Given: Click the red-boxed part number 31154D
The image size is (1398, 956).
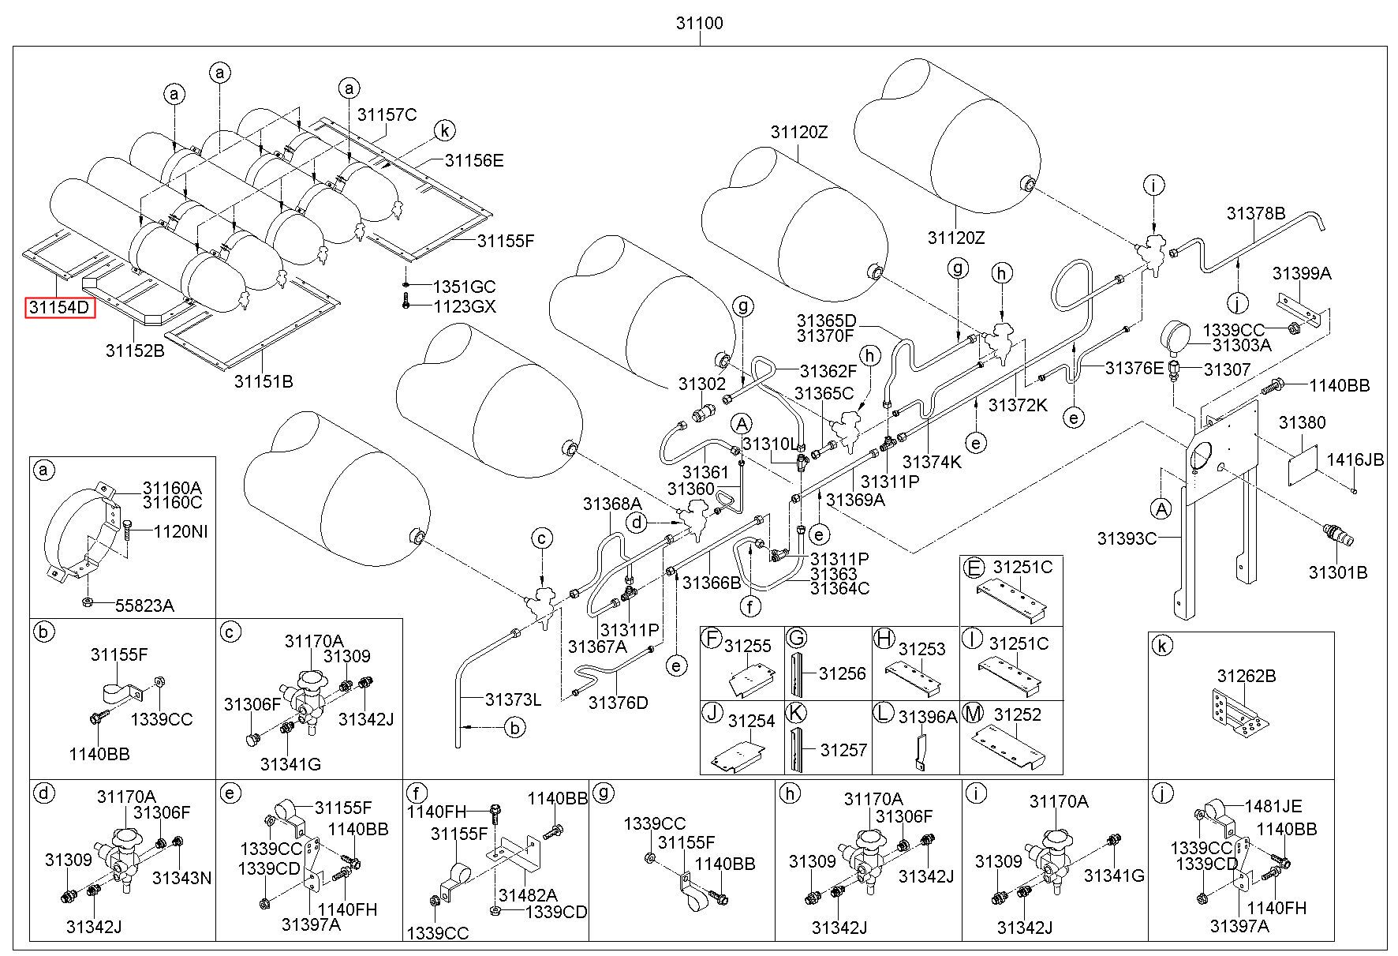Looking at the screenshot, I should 60,306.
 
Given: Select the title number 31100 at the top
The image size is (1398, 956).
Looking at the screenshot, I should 698,23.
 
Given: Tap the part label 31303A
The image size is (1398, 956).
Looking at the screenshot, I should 1242,345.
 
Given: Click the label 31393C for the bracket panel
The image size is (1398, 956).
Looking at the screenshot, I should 1127,538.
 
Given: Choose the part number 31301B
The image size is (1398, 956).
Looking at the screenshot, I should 1338,572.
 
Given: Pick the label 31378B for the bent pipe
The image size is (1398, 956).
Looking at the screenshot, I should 1256,213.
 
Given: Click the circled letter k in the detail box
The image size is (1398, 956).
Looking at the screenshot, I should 1161,647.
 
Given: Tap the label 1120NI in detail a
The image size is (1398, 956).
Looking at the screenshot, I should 181,532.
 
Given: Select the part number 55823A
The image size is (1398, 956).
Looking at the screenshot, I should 144,605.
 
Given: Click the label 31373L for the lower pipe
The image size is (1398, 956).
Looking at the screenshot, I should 513,699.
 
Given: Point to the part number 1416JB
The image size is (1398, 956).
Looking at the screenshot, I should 1355,459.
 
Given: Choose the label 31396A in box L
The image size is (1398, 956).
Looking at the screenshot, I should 928,716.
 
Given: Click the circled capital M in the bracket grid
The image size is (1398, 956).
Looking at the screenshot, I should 974,714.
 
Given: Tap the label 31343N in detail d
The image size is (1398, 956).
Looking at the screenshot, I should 181,878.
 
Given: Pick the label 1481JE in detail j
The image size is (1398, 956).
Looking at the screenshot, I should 1273,806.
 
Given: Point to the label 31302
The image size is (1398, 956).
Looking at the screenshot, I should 701,384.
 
